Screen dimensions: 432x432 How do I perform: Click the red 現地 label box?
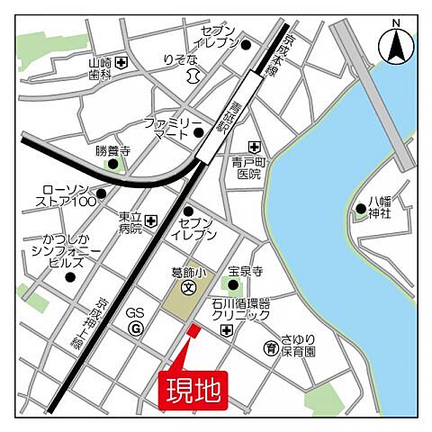[x=192, y=390]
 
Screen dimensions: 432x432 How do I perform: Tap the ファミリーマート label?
[x=174, y=127]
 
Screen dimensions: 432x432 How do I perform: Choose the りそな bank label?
[x=180, y=60]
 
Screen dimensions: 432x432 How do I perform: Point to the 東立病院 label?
[x=130, y=222]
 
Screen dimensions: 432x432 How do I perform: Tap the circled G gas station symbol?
[x=136, y=328]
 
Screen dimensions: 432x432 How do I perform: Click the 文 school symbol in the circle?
[x=188, y=289]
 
